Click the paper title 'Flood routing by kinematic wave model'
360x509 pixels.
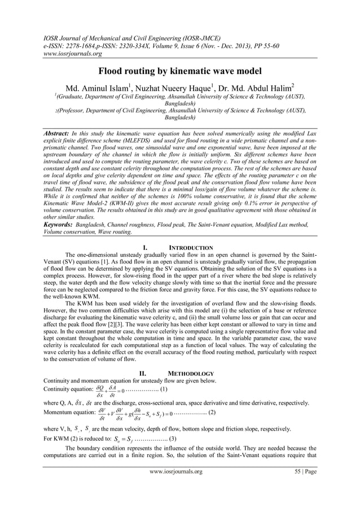pyautogui.click(x=180, y=72)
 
